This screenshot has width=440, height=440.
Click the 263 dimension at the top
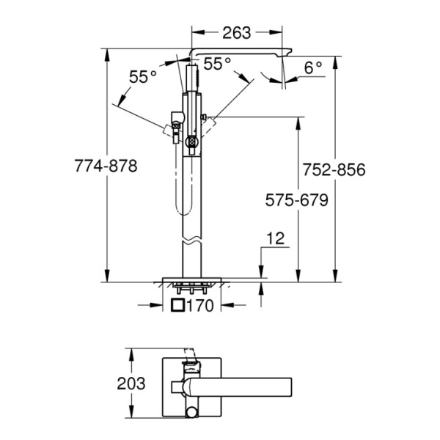tap(237, 33)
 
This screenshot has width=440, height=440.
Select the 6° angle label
tap(313, 67)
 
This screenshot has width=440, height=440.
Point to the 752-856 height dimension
tap(334, 169)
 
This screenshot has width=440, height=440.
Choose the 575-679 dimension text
tap(296, 200)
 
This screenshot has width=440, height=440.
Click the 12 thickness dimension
tap(275, 238)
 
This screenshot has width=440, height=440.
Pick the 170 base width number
tap(201, 306)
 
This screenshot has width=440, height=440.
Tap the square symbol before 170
tap(177, 306)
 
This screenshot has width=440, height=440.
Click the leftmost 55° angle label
tap(143, 76)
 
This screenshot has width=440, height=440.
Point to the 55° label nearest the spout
tap(217, 65)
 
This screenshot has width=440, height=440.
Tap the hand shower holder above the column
tap(193, 78)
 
